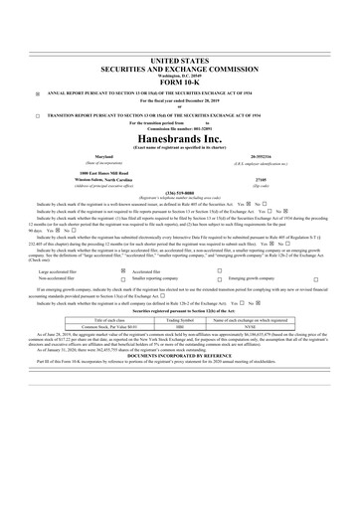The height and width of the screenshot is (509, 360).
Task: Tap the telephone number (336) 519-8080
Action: point(179,167)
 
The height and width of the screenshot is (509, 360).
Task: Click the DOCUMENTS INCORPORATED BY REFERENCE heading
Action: point(179,355)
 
